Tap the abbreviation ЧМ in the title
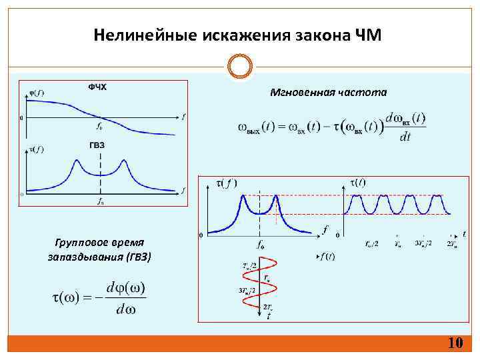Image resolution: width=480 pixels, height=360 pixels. point(368,35)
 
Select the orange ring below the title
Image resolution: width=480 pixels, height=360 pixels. point(240,67)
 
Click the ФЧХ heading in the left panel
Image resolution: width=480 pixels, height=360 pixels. point(97,87)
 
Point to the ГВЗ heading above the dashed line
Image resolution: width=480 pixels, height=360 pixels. point(97,145)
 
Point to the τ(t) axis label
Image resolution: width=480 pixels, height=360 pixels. point(357,182)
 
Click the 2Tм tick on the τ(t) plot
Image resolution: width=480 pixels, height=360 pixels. point(451,244)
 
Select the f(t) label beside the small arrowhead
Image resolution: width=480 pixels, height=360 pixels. point(327,257)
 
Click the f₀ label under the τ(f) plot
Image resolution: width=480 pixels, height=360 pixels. point(260,243)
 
